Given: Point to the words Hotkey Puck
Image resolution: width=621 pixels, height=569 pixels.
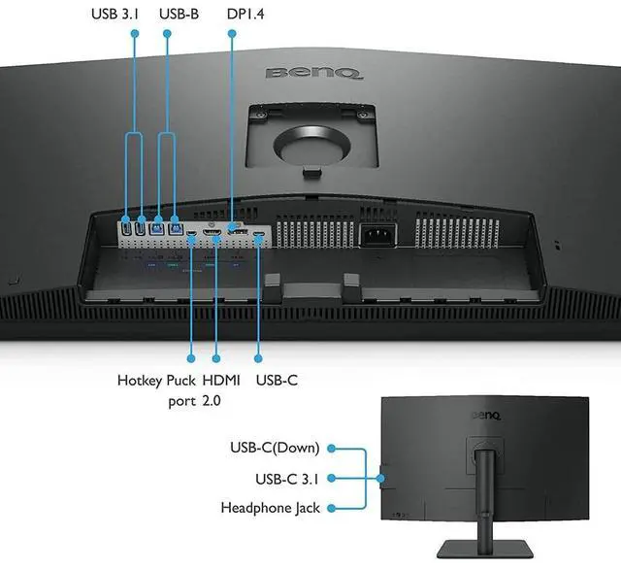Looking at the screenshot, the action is click(155, 381).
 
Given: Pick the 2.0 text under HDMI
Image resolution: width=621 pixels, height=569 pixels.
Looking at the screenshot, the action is click(212, 400).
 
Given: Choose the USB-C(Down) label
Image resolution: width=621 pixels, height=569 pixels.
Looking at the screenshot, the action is click(278, 448).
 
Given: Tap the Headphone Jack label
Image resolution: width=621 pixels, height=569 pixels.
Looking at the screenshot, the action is click(270, 507).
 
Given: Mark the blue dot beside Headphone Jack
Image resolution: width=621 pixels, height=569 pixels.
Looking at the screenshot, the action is click(331, 507).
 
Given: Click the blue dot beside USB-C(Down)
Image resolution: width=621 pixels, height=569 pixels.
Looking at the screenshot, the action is click(331, 448).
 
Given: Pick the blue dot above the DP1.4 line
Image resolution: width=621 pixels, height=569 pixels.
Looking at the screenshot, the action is click(233, 33).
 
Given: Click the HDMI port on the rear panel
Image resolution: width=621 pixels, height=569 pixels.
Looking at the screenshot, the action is click(212, 236).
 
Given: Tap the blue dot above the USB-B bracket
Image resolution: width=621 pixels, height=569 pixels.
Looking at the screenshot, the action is click(168, 33).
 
